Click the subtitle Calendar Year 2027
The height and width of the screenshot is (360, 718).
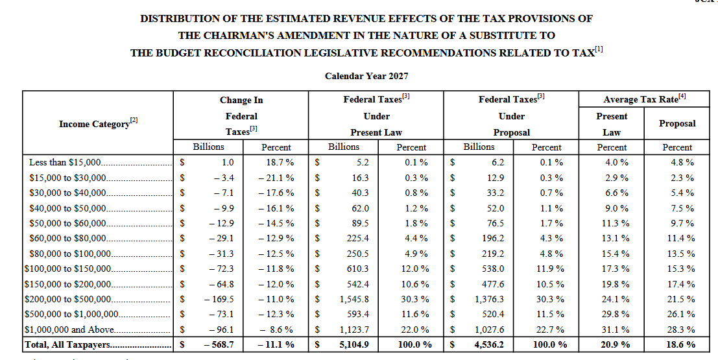366,76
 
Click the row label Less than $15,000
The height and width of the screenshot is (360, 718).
65,162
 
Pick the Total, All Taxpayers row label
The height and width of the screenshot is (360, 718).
67,344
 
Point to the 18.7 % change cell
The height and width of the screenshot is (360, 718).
280,162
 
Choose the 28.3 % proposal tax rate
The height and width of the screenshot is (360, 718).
680,330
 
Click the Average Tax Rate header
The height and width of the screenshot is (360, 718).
644,99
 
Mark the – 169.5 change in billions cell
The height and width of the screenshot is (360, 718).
219,299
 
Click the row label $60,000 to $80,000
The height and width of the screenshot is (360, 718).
67,238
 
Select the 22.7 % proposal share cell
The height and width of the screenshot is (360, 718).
550,330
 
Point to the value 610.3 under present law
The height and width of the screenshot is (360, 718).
358,269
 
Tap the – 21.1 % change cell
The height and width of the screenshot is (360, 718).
276,178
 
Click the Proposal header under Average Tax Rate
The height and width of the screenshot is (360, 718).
677,124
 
